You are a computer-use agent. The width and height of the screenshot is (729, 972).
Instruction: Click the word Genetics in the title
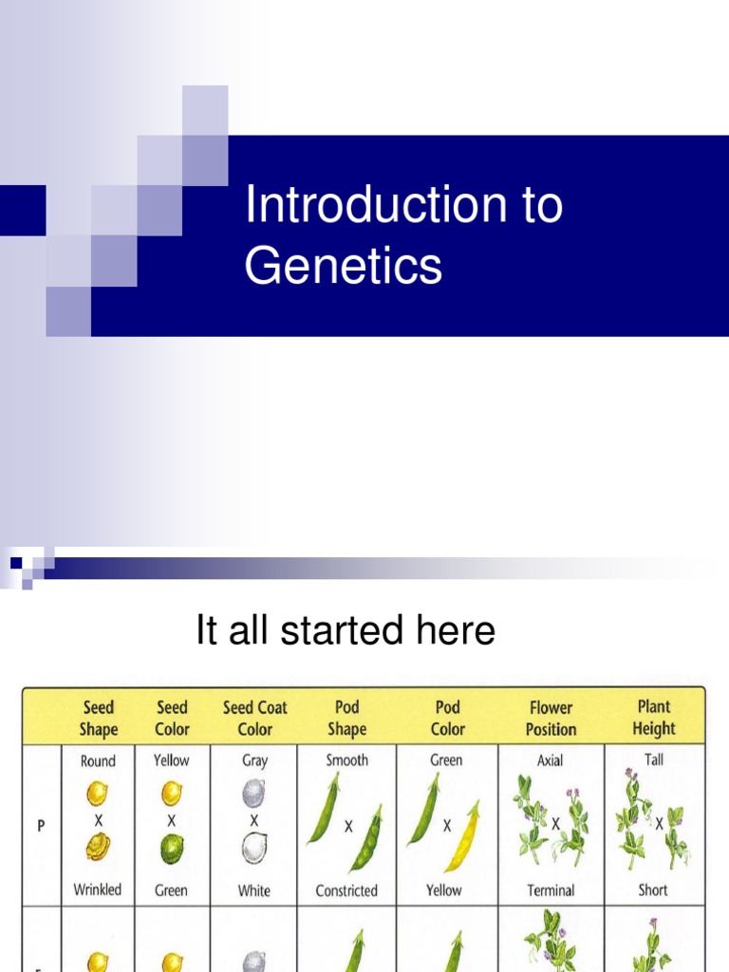[x=343, y=266]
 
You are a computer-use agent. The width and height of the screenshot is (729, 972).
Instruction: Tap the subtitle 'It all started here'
[x=346, y=630]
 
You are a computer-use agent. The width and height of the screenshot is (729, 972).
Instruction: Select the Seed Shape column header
[x=98, y=719]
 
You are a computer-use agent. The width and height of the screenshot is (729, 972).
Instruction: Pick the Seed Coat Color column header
[x=254, y=719]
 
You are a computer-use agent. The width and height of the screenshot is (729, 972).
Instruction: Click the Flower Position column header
[x=551, y=719]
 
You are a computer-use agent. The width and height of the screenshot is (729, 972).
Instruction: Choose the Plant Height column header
[x=655, y=718]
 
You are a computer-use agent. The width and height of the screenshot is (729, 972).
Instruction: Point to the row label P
[x=41, y=825]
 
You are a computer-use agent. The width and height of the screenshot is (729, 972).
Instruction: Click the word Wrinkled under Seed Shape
[x=98, y=890]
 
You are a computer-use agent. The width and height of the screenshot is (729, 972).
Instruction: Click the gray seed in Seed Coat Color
[x=254, y=794]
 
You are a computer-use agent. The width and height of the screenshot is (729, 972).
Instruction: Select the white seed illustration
[x=254, y=848]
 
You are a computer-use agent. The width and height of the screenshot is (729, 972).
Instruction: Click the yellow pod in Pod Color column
[x=462, y=837]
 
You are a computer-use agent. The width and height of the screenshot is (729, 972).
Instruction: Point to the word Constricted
[x=346, y=890]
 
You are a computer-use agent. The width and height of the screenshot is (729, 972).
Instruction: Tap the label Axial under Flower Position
[x=551, y=760]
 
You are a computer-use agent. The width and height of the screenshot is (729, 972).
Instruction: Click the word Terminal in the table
[x=551, y=890]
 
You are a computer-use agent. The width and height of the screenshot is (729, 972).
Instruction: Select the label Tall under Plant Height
[x=654, y=759]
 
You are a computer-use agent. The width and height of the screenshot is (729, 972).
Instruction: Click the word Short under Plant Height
[x=653, y=890]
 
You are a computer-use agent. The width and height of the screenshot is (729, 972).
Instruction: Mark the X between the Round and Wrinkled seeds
[x=98, y=819]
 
